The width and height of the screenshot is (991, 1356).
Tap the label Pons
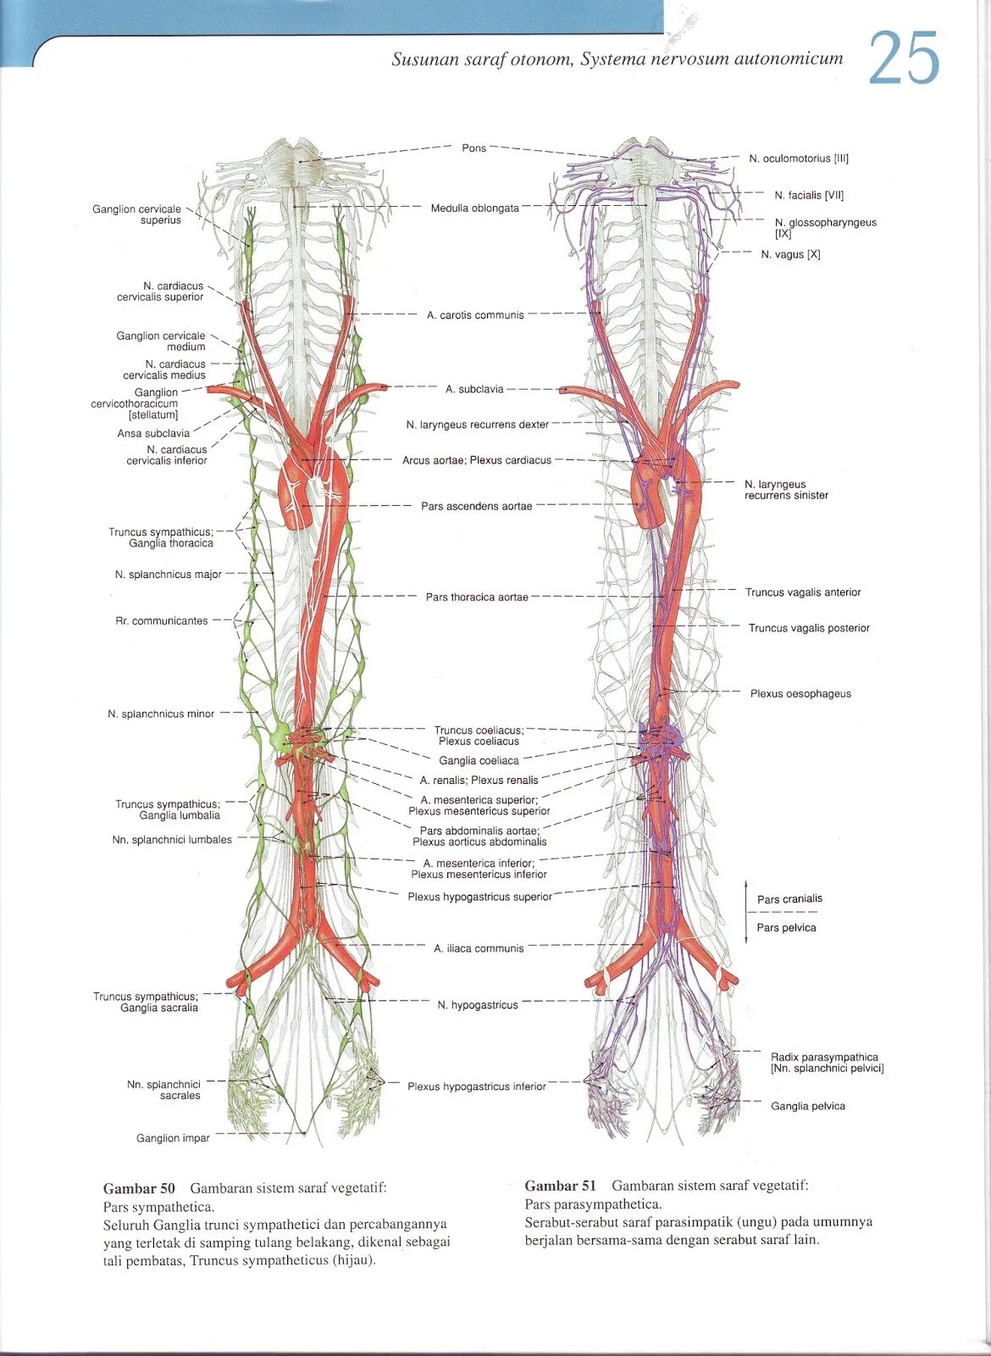pyautogui.click(x=473, y=148)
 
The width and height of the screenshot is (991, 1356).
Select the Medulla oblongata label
pyautogui.click(x=474, y=208)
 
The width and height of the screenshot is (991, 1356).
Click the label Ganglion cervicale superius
pyautogui.click(x=137, y=214)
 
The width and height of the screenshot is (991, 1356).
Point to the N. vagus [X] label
pyautogui.click(x=790, y=254)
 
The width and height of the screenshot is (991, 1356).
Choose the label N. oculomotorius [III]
pyautogui.click(x=798, y=158)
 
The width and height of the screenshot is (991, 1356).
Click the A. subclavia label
pyautogui.click(x=474, y=389)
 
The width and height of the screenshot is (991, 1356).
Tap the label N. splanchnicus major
pyautogui.click(x=168, y=575)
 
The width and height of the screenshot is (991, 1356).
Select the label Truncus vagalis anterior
pyautogui.click(x=802, y=592)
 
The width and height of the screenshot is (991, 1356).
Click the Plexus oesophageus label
pyautogui.click(x=800, y=693)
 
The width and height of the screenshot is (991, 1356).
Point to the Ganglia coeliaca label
pyautogui.click(x=479, y=760)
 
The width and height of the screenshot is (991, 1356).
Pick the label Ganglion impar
pyautogui.click(x=173, y=1138)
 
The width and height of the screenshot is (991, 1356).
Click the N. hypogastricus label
pyautogui.click(x=478, y=1005)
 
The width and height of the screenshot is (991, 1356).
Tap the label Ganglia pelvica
pyautogui.click(x=807, y=1106)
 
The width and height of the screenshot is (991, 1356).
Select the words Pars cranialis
pyautogui.click(x=789, y=899)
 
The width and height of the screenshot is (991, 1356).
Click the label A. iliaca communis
pyautogui.click(x=479, y=948)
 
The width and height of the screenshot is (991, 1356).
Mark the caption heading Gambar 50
pyautogui.click(x=139, y=1188)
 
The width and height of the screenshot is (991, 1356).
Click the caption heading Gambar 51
pyautogui.click(x=560, y=1186)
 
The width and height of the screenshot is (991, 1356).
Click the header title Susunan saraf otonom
pyautogui.click(x=481, y=59)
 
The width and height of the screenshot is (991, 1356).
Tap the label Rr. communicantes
pyautogui.click(x=161, y=621)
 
